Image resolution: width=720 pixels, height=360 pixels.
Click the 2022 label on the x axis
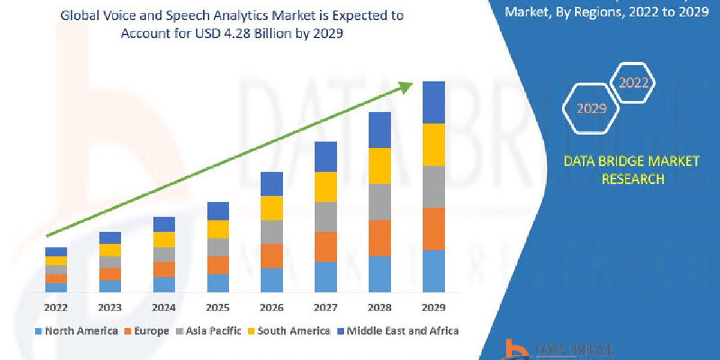pyautogui.click(x=56, y=308)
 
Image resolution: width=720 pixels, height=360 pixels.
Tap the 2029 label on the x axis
pyautogui.click(x=433, y=308)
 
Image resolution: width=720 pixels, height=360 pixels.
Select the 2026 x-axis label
pyautogui.click(x=272, y=308)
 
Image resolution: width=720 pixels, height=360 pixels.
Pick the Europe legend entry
pyautogui.click(x=149, y=331)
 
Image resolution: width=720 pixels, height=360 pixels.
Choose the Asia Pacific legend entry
pyautogui.click(x=211, y=331)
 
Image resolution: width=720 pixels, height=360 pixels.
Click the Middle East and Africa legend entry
pyautogui.click(x=402, y=331)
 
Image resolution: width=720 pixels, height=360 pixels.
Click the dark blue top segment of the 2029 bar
pyautogui.click(x=433, y=102)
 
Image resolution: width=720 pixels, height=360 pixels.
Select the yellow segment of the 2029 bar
pyautogui.click(x=433, y=145)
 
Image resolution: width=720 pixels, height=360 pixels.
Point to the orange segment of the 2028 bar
pyautogui.click(x=379, y=238)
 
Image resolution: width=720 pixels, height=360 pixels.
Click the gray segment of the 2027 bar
pyautogui.click(x=325, y=217)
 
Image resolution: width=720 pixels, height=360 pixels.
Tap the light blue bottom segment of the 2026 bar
pyautogui.click(x=271, y=280)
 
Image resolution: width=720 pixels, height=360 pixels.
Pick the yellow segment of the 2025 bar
pyautogui.click(x=218, y=229)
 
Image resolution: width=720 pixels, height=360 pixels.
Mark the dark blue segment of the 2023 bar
pyautogui.click(x=110, y=238)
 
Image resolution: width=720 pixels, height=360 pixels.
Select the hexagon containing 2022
pyautogui.click(x=633, y=83)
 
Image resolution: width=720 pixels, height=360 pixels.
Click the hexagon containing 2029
pyautogui.click(x=590, y=109)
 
